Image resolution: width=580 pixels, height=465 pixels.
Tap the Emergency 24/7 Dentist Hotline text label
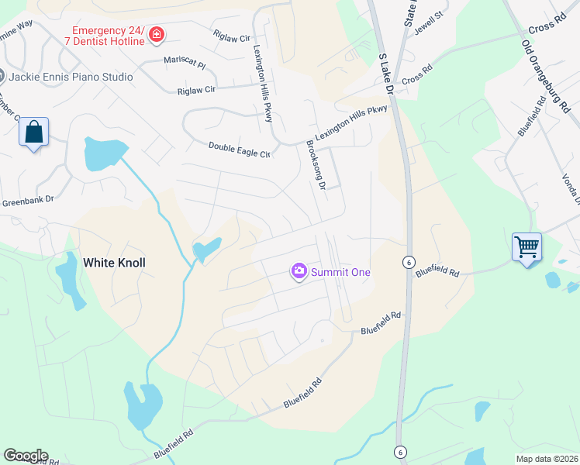[105, 34]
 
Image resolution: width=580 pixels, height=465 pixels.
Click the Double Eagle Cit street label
[239, 150]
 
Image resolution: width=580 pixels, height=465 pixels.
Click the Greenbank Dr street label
[27, 199]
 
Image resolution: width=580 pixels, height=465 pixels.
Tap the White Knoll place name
[114, 263]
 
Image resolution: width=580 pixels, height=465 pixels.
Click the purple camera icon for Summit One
[299, 271]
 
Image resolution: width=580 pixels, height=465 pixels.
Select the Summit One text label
[340, 272]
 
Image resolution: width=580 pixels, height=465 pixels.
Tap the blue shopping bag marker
[34, 133]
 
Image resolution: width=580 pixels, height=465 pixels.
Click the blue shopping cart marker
[527, 247]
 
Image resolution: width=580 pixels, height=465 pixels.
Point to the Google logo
[26, 456]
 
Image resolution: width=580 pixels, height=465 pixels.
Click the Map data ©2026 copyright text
[547, 458]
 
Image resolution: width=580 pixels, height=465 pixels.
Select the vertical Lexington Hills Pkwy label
[264, 82]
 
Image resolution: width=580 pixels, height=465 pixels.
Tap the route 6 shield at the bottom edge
[399, 452]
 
